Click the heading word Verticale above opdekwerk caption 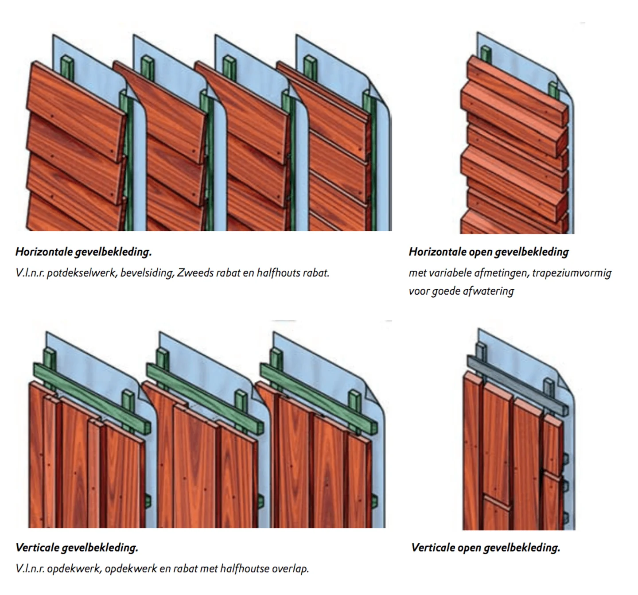(x=37, y=548)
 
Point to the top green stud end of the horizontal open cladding (x=486, y=53)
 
